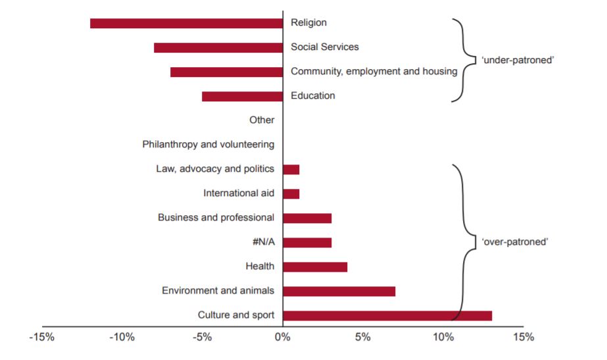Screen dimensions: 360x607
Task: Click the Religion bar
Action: coord(186,24)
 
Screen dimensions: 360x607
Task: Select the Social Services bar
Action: coord(218,47)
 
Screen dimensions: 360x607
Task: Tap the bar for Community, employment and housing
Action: coord(226,72)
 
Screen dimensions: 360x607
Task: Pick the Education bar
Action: coord(242,96)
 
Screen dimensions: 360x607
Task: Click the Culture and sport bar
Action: coord(387,315)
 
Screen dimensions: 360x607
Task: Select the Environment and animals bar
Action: coord(339,291)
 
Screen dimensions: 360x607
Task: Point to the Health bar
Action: coord(315,267)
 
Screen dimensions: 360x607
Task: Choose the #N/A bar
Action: coord(307,242)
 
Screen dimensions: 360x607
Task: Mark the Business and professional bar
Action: coord(307,218)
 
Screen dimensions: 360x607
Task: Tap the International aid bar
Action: coord(291,193)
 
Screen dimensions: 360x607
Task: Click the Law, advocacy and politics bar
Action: coord(291,169)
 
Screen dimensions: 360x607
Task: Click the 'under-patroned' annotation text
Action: coord(518,60)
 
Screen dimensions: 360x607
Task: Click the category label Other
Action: coord(262,120)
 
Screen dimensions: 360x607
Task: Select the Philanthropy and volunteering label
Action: coord(208,144)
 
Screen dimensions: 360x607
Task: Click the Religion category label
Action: coord(308,23)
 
